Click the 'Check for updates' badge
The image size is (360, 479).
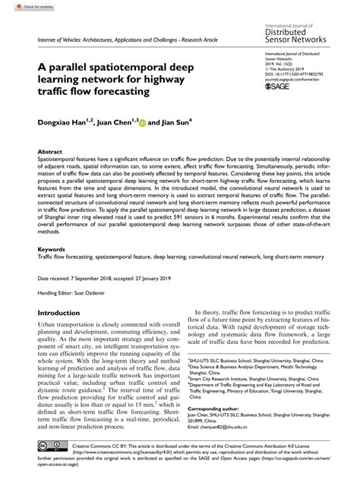[22, 7]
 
